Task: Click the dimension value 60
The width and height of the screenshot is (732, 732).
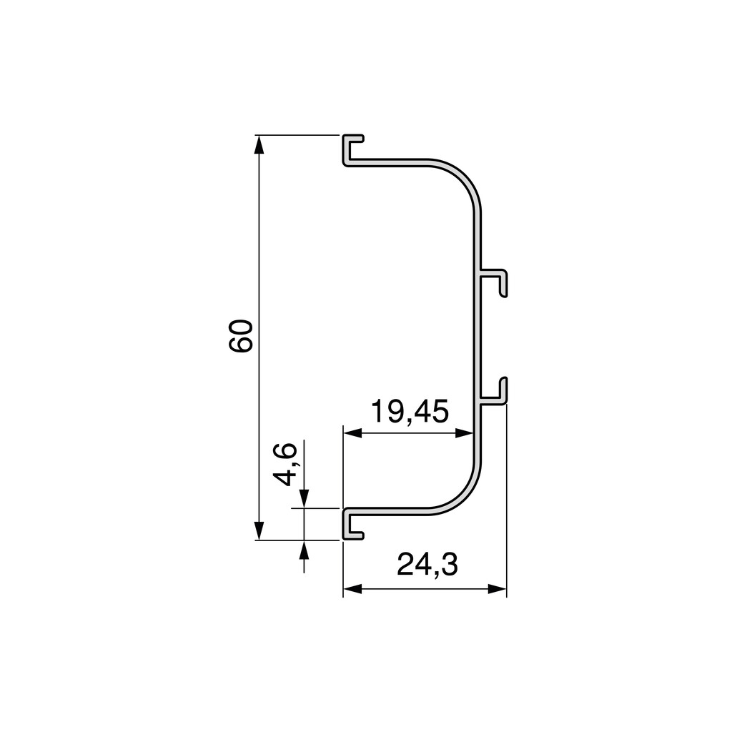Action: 241,336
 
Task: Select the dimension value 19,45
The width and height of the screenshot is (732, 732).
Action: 410,412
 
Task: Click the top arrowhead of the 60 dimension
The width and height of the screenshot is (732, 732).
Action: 259,144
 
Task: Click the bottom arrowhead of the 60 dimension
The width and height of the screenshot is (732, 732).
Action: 259,530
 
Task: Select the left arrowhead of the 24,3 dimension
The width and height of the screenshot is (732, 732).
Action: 353,589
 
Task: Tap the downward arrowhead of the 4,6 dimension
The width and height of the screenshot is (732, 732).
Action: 304,498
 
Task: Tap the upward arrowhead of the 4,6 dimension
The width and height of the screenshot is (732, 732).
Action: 304,550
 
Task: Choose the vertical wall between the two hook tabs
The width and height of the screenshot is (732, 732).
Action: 478,336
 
